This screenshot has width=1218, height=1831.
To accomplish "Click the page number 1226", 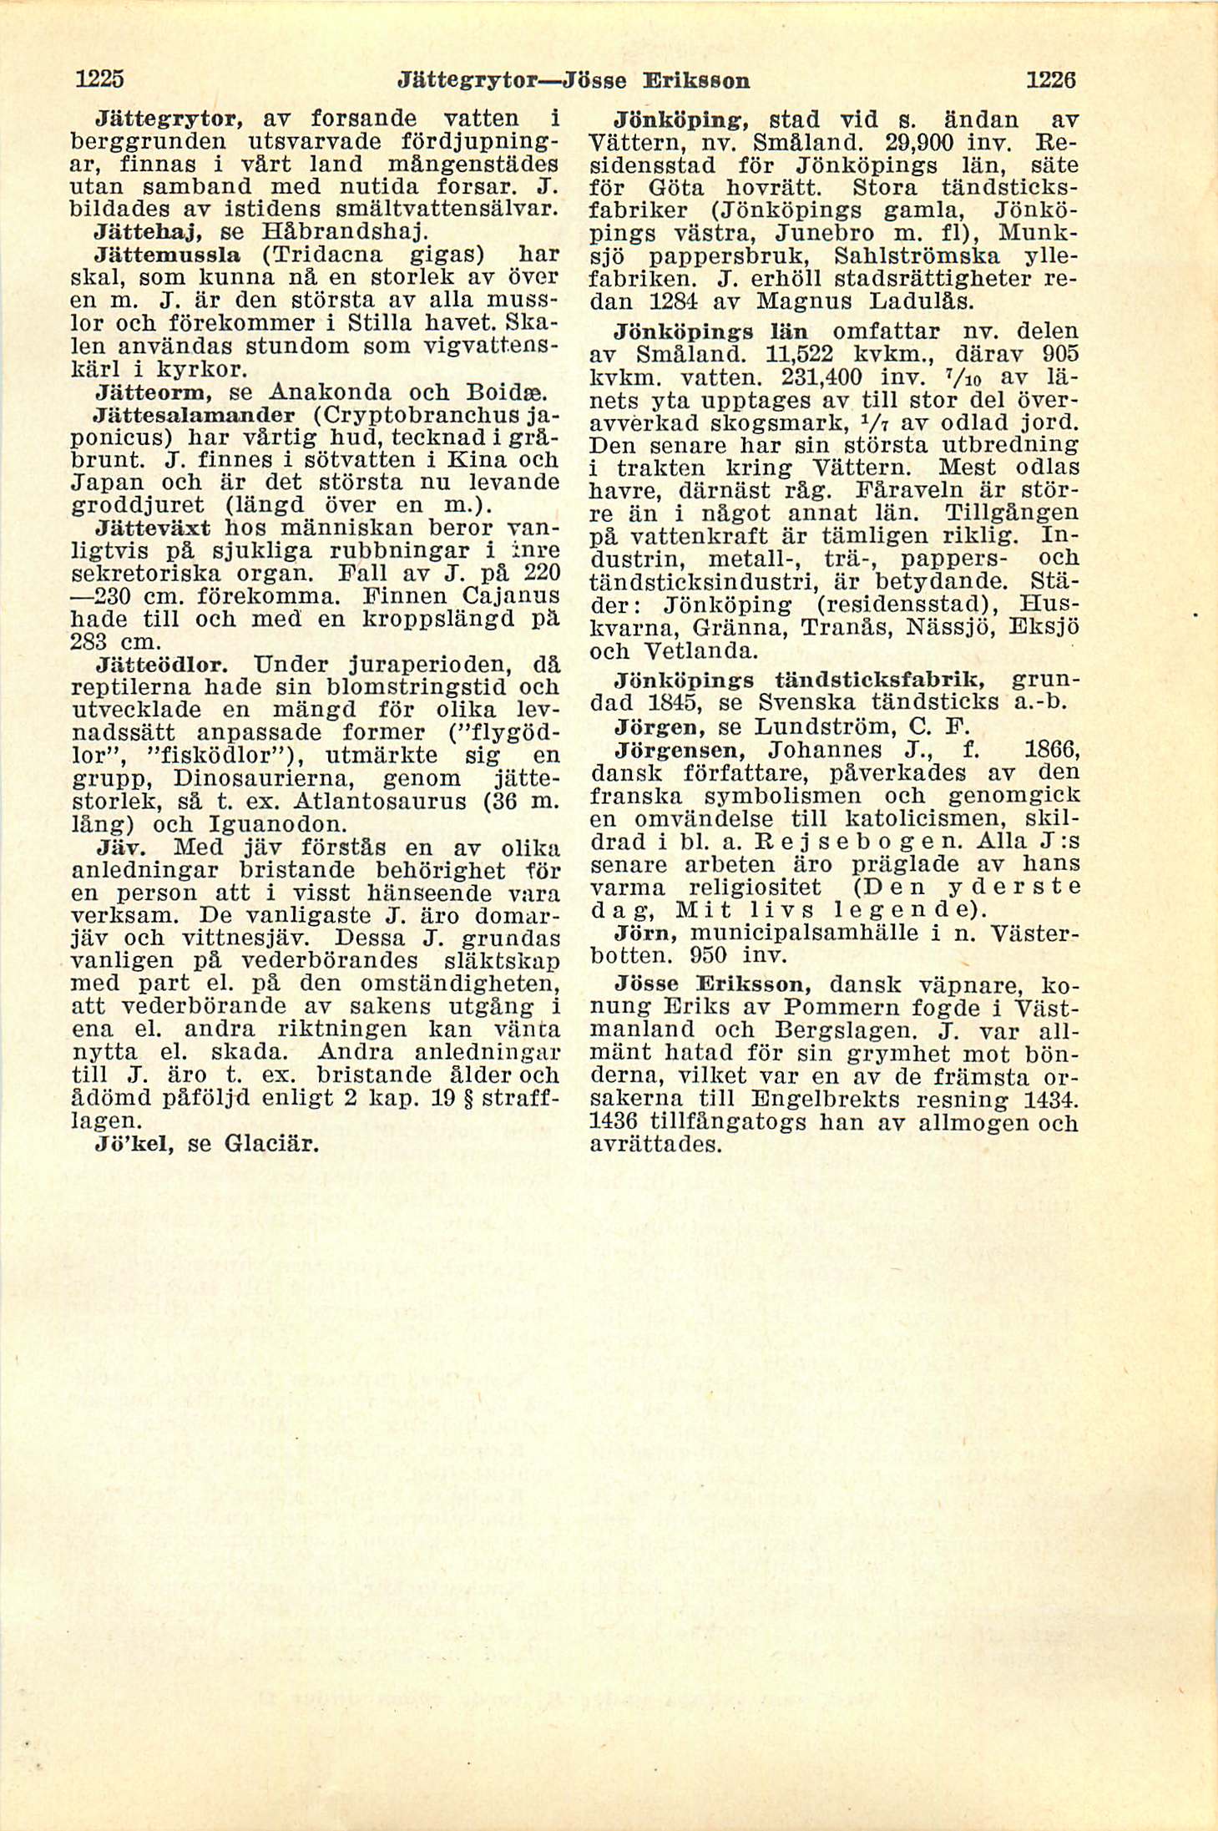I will (1050, 80).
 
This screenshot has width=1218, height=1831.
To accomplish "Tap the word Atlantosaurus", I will (389, 802).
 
